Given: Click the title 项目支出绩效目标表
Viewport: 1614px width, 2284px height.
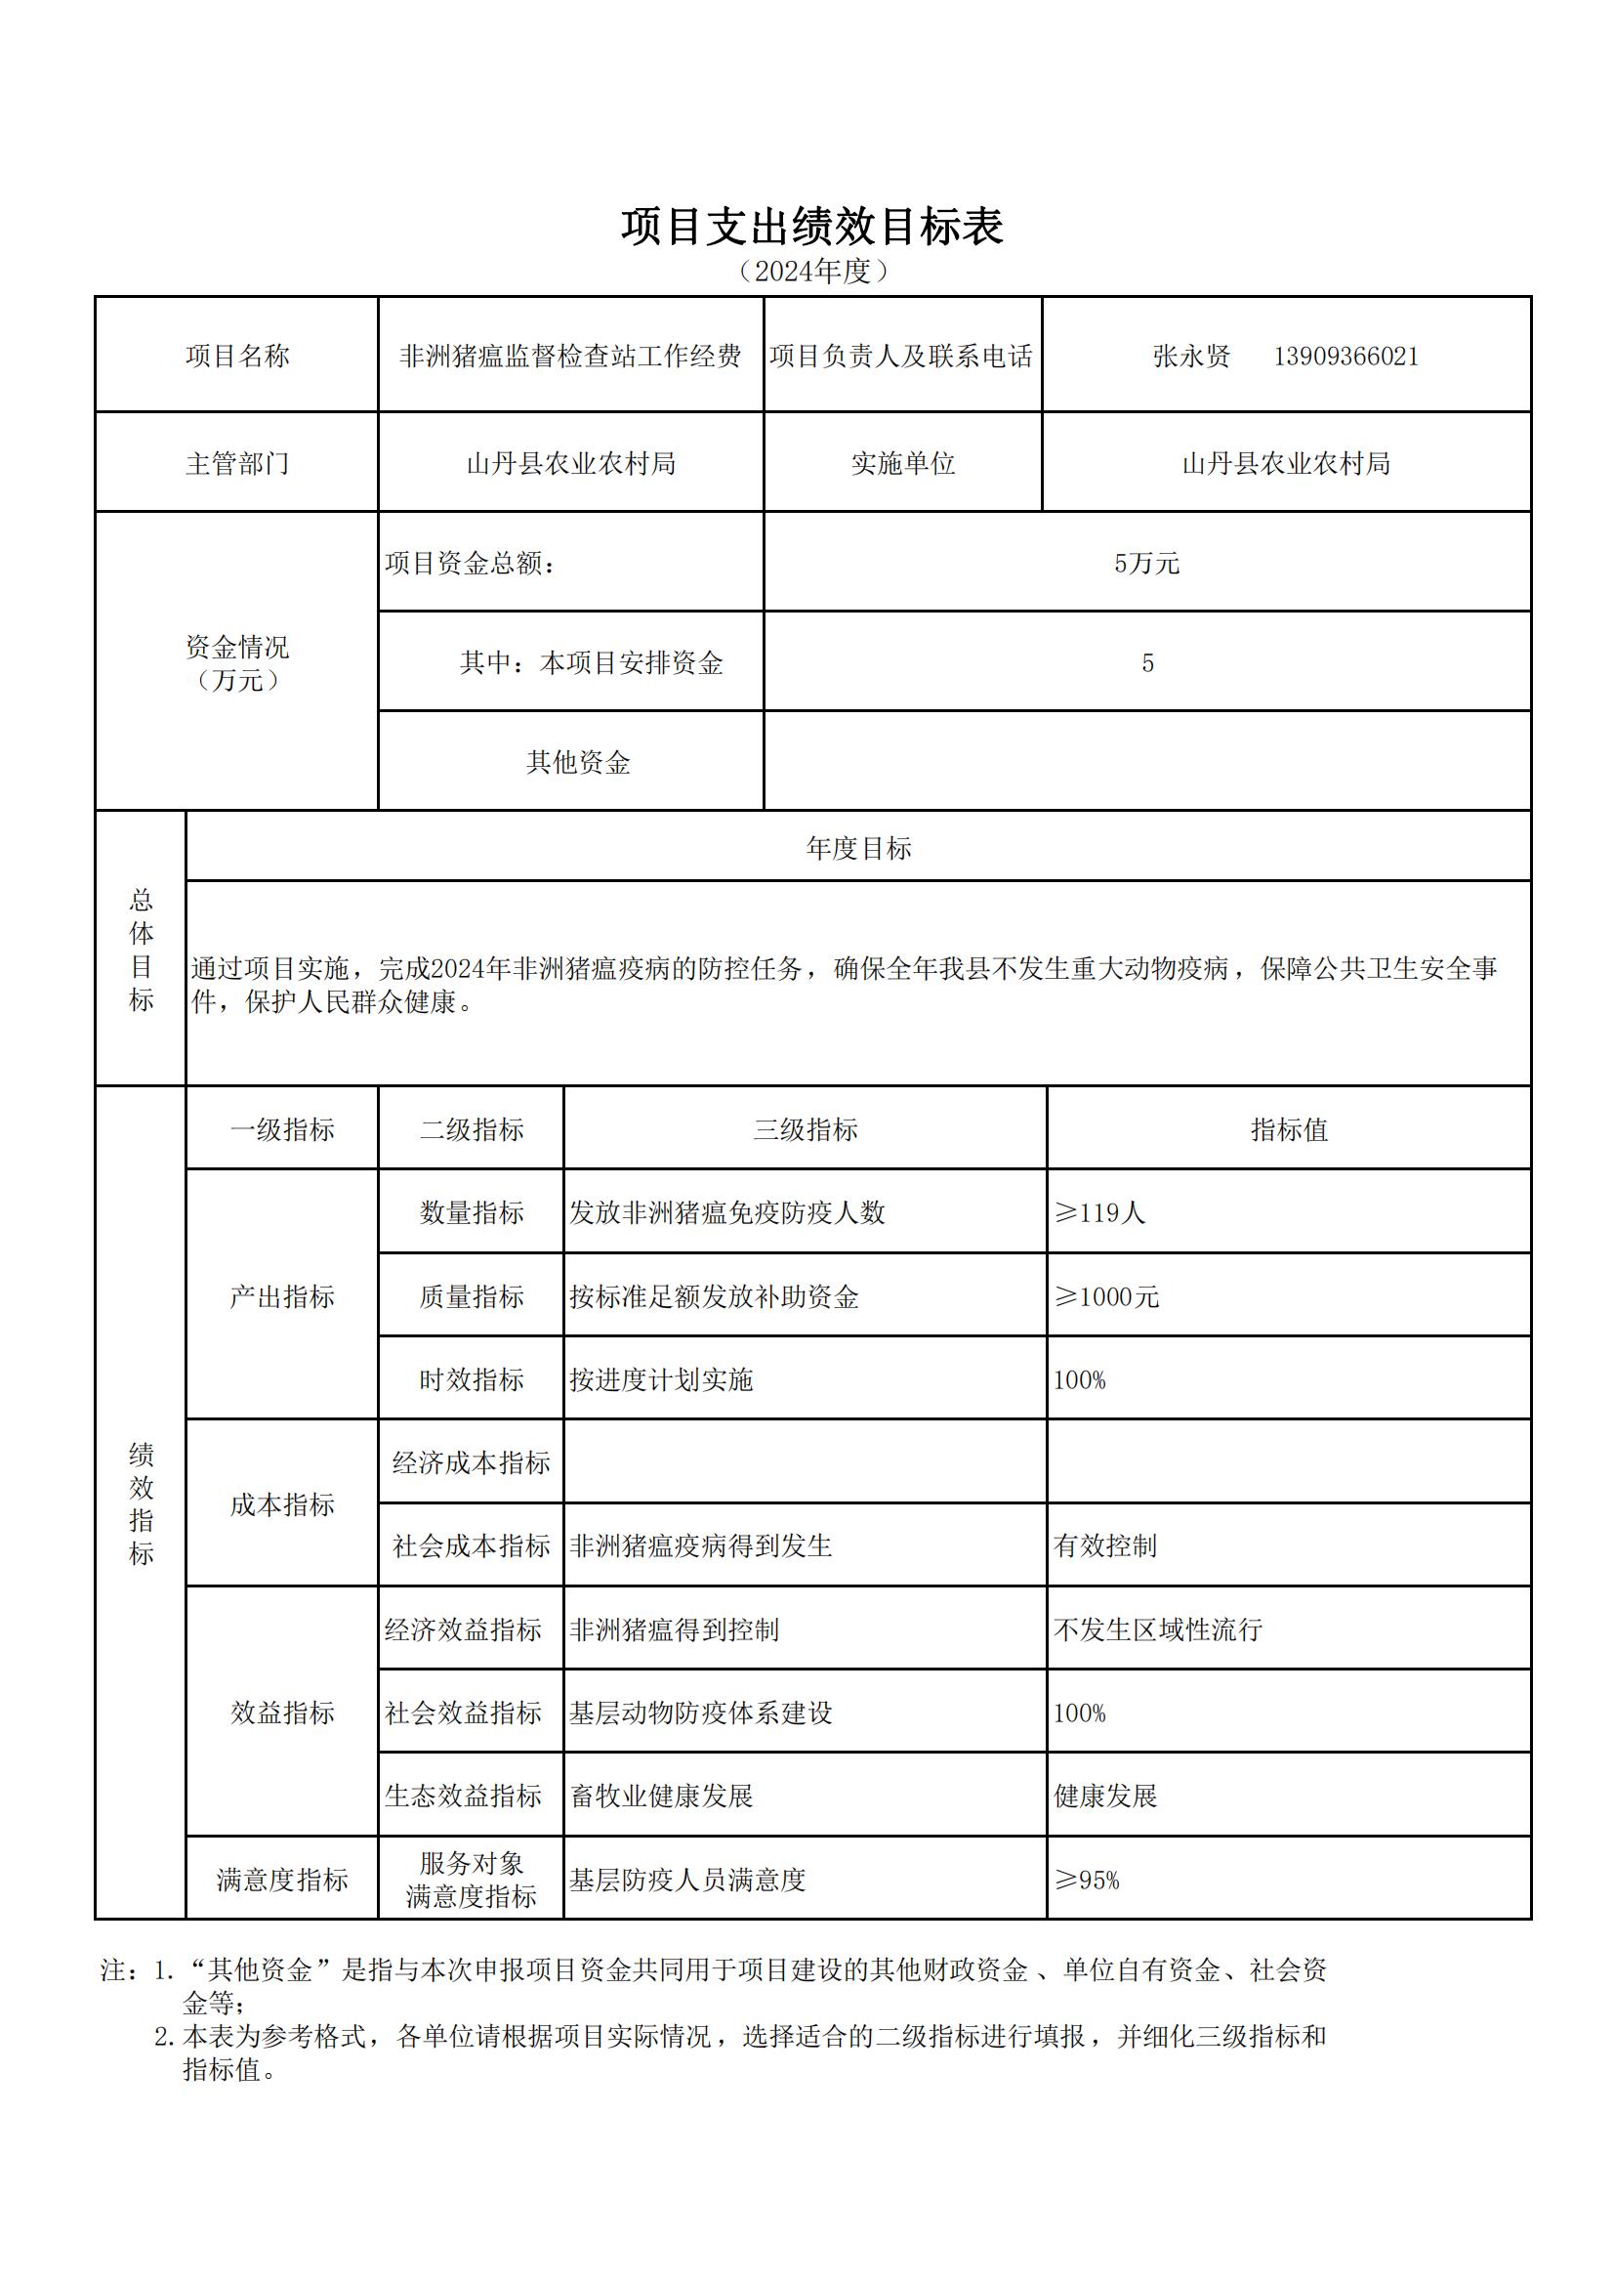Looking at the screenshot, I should pyautogui.click(x=811, y=227).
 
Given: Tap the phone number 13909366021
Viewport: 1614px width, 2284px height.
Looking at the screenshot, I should pyautogui.click(x=1345, y=357).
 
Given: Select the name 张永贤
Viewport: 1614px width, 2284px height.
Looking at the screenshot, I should pyautogui.click(x=1190, y=357).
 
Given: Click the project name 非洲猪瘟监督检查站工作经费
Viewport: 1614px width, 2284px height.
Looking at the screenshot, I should pyautogui.click(x=570, y=357).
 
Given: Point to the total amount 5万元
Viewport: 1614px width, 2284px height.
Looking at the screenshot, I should pyautogui.click(x=1145, y=563).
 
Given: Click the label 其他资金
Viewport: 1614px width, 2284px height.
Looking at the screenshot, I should pyautogui.click(x=578, y=762).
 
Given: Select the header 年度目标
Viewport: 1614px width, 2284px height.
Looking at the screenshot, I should pyautogui.click(x=858, y=848).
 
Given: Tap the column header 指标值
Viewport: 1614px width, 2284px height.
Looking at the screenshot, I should pyautogui.click(x=1288, y=1129).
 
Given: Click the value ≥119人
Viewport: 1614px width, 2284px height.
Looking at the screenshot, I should pyautogui.click(x=1098, y=1212).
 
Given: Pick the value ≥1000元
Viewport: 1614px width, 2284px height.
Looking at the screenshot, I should pyautogui.click(x=1106, y=1296).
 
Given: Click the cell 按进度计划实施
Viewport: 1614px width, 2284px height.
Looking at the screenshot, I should pyautogui.click(x=660, y=1379).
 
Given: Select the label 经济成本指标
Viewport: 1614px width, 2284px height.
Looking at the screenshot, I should pyautogui.click(x=471, y=1462).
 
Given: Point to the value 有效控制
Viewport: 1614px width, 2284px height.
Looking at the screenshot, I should pyautogui.click(x=1105, y=1545).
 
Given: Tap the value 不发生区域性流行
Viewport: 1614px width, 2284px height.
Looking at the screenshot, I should pyautogui.click(x=1158, y=1629).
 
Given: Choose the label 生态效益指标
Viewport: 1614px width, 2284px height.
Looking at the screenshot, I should pyautogui.click(x=464, y=1796).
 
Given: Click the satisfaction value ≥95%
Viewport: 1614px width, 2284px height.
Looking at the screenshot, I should pyautogui.click(x=1086, y=1881).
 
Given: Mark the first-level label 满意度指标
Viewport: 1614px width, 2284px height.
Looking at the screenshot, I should pyautogui.click(x=281, y=1881).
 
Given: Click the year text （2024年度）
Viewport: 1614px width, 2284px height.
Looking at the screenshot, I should pyautogui.click(x=811, y=271).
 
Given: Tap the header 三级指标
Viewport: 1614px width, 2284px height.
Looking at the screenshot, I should pyautogui.click(x=805, y=1129).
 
